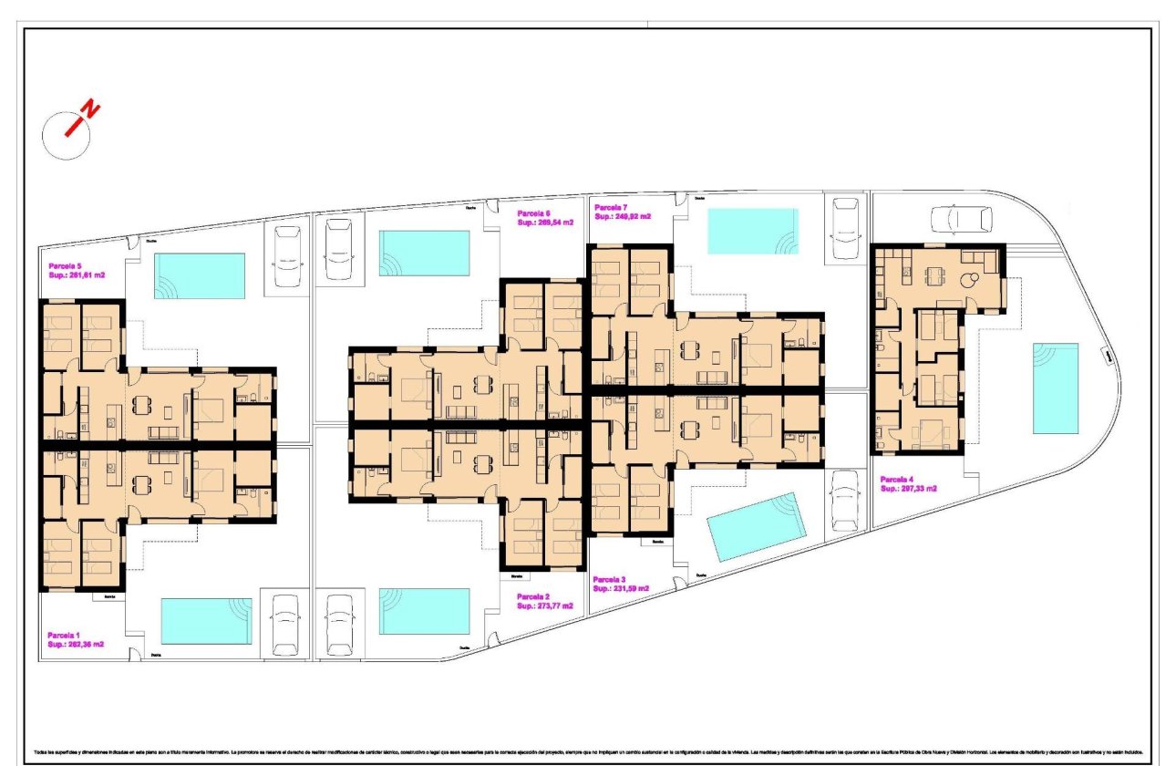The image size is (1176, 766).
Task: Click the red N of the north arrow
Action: point(90,110)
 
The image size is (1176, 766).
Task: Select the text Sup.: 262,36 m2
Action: point(76,644)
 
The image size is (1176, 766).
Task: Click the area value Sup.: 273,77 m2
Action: point(545,606)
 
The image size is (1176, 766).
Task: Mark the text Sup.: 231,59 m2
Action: point(621,589)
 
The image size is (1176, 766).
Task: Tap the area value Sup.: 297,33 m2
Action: point(909,489)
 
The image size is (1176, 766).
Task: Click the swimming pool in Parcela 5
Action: point(200,275)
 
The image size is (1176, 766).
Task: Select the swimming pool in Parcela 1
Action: point(206,621)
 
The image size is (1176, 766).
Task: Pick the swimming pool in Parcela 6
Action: point(424,253)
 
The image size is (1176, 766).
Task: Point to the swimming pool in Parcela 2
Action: point(424,611)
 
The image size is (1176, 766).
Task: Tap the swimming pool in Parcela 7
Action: point(753,232)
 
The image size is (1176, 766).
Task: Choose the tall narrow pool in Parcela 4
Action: point(1056,388)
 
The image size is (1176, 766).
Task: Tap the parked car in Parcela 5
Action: point(287,258)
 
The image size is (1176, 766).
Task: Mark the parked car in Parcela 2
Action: point(340,625)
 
